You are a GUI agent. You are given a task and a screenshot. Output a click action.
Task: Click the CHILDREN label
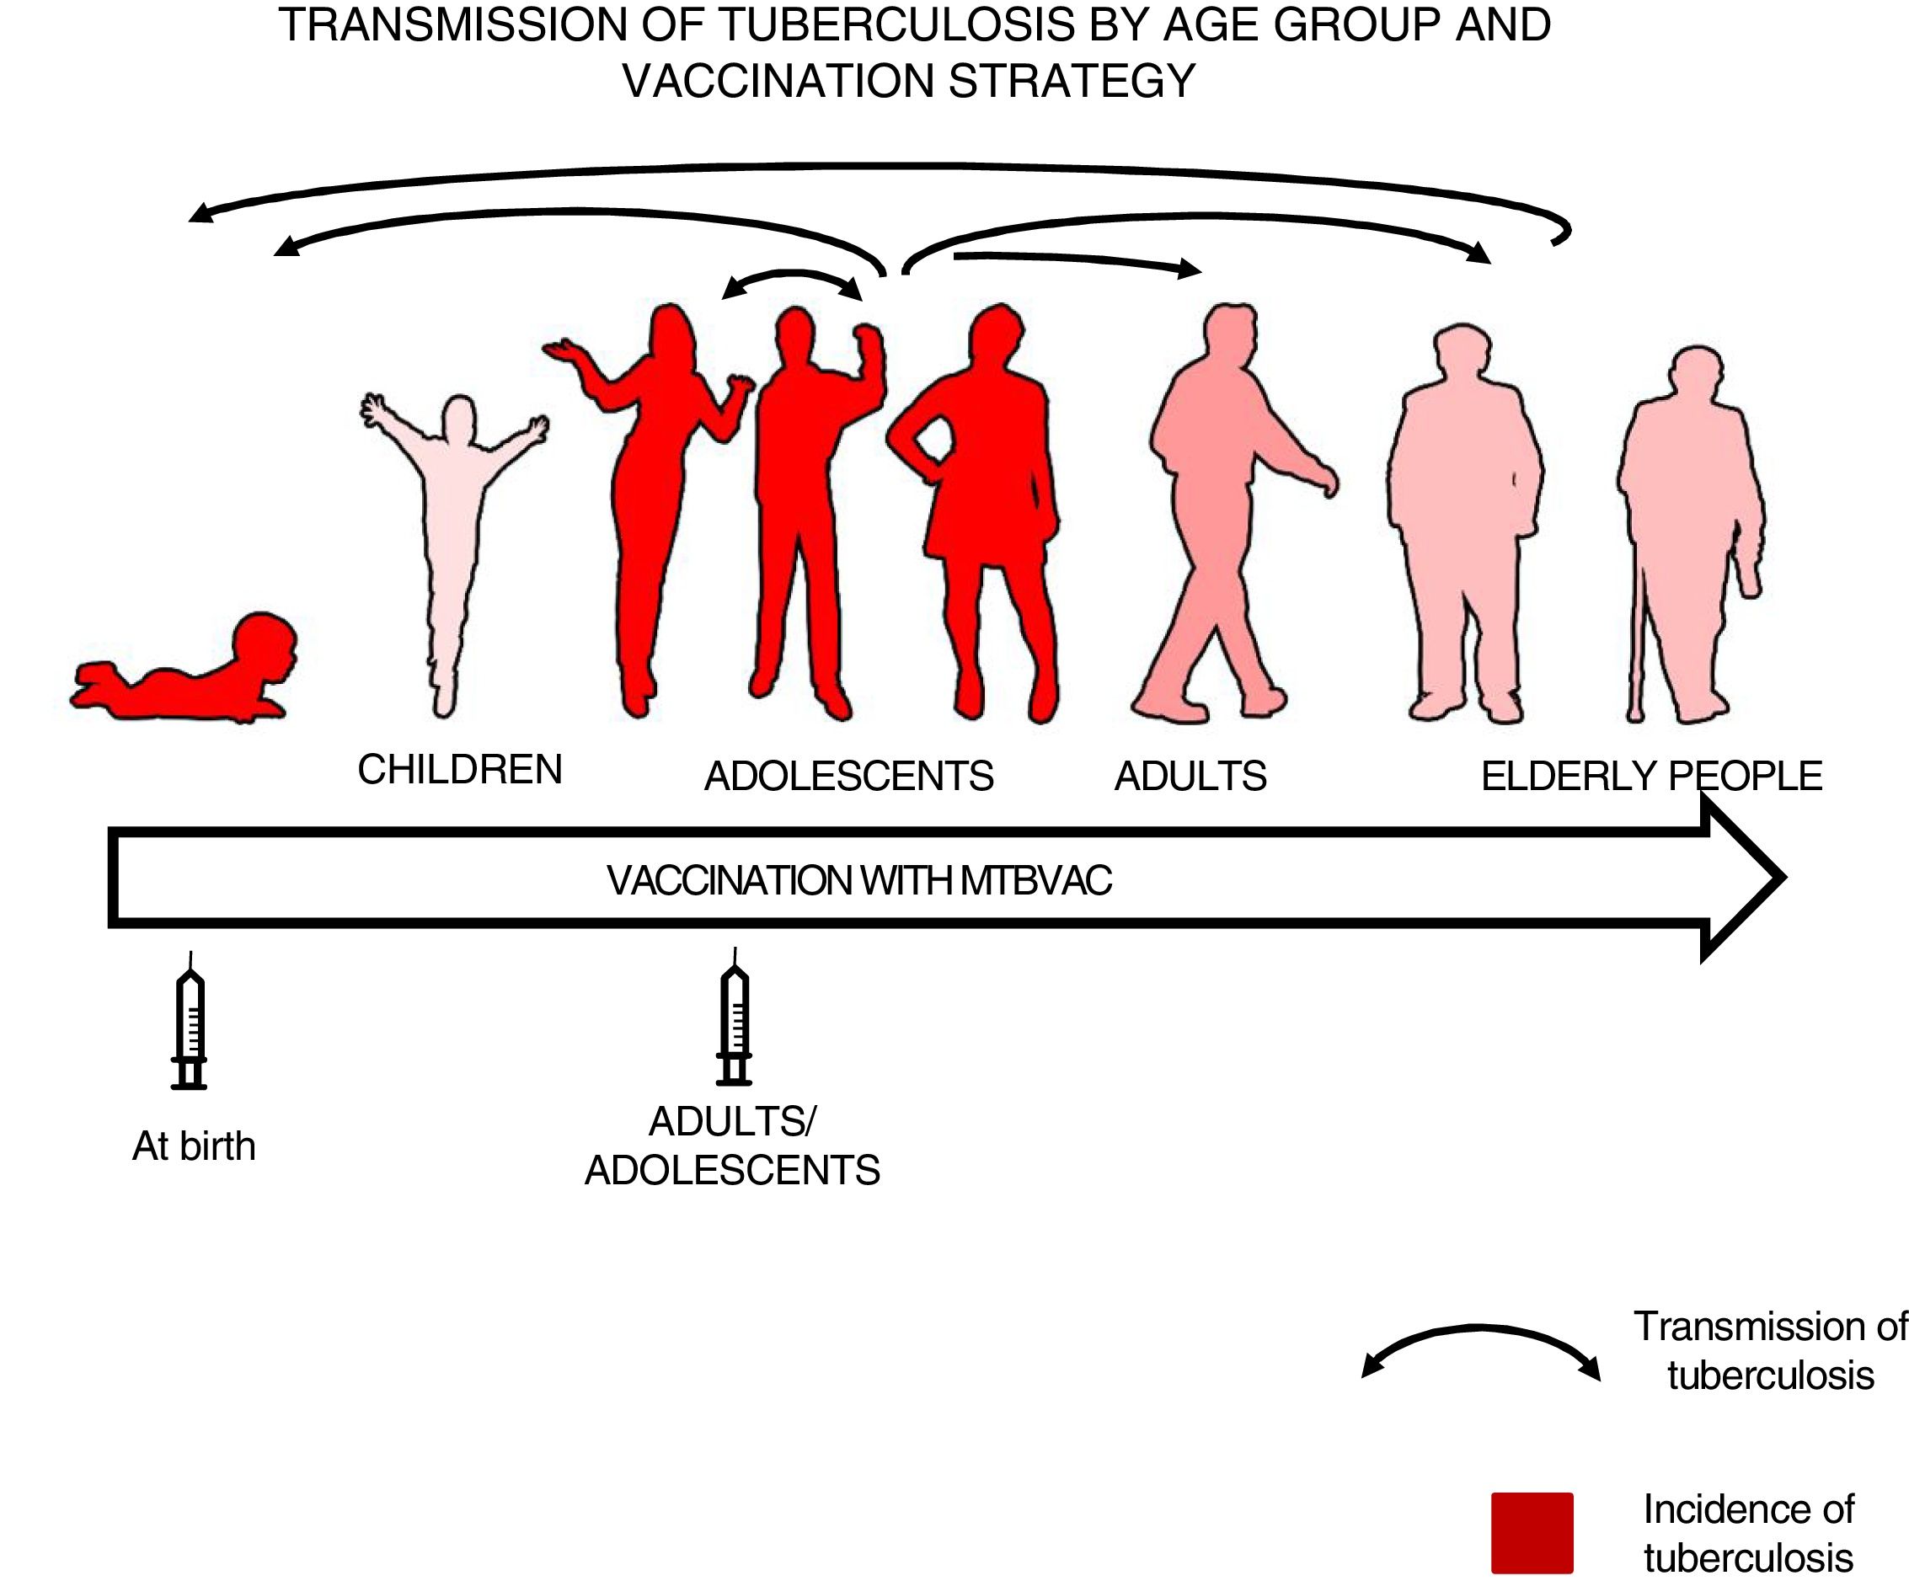point(460,770)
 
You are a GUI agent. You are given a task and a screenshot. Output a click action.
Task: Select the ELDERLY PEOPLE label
point(1651,777)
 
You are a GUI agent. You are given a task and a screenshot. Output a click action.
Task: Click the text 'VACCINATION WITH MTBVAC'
point(859,880)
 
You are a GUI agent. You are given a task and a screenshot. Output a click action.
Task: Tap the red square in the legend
point(1532,1533)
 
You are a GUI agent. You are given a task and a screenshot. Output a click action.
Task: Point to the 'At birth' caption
point(194,1146)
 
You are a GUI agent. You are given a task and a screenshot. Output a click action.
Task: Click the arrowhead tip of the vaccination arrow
point(1782,878)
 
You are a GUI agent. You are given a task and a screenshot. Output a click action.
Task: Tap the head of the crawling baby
point(264,645)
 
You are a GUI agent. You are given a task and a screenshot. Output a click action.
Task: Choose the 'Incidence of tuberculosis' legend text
point(1747,1534)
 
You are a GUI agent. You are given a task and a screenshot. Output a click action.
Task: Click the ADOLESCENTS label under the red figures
point(848,777)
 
